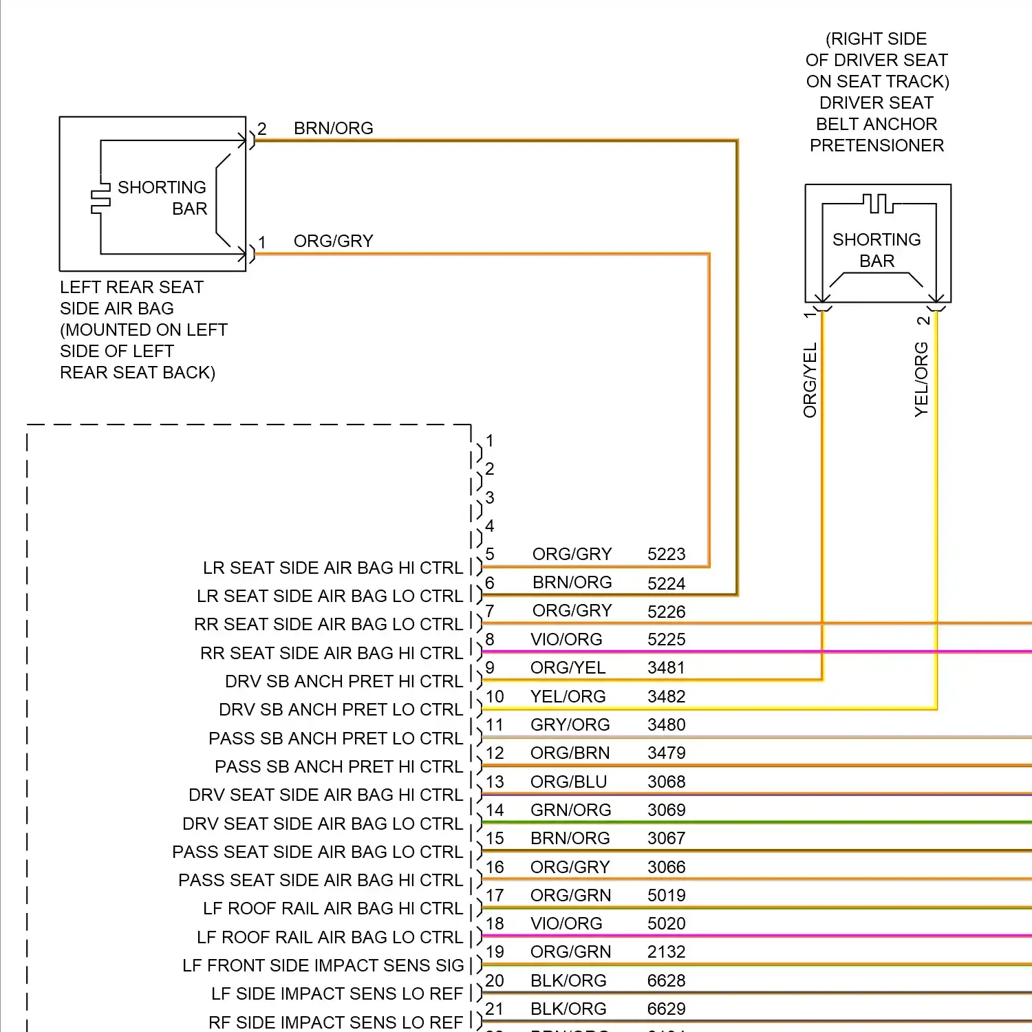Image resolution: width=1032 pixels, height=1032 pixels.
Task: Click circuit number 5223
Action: click(x=666, y=555)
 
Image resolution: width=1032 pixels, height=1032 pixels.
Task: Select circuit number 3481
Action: click(x=666, y=668)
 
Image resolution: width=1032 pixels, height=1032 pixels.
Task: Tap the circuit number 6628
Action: click(x=666, y=980)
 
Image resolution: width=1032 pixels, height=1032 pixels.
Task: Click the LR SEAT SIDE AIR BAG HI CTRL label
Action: click(x=333, y=568)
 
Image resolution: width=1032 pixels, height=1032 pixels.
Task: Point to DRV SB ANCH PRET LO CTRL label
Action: click(x=341, y=710)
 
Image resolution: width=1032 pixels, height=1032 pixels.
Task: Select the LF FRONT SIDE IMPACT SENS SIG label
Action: click(x=323, y=966)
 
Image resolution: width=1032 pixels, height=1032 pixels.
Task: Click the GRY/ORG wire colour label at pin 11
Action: click(x=570, y=725)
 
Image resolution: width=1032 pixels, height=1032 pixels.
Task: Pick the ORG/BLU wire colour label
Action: click(x=568, y=782)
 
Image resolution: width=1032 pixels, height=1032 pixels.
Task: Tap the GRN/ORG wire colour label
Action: click(x=570, y=810)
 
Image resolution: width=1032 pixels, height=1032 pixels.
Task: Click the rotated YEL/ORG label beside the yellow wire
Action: click(x=921, y=379)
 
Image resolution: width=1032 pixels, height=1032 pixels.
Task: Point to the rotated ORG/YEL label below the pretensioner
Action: click(x=810, y=380)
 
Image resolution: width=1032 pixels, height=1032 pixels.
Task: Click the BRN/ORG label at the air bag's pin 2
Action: click(x=333, y=129)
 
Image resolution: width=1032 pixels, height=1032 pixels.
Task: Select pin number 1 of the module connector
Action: click(x=489, y=441)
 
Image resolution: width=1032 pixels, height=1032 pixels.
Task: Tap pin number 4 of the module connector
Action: click(x=489, y=526)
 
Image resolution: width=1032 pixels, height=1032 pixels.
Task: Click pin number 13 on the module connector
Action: click(x=495, y=782)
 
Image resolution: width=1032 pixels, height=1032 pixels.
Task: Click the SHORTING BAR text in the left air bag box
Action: click(x=162, y=198)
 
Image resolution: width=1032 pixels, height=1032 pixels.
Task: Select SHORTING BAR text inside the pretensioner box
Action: click(x=877, y=250)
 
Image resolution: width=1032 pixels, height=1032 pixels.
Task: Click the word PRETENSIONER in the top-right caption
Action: click(x=877, y=146)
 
